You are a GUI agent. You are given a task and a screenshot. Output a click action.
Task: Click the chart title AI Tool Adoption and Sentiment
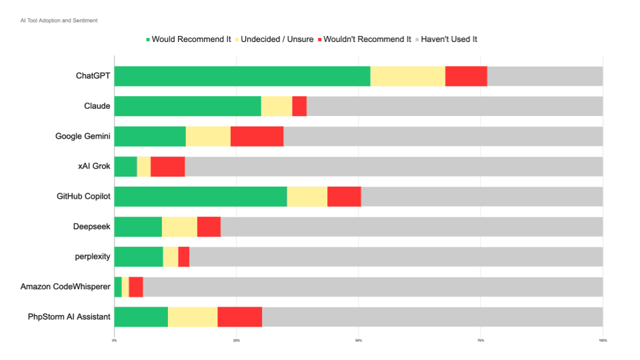[59, 21]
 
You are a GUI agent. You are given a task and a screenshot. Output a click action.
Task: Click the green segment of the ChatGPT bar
[242, 76]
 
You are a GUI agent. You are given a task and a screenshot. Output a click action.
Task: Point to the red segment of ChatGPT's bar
[466, 76]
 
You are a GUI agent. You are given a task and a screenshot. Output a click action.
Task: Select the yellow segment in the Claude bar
[276, 106]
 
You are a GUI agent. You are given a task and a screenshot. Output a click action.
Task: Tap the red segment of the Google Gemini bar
[257, 136]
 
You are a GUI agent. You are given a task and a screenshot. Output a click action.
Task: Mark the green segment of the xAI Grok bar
[125, 167]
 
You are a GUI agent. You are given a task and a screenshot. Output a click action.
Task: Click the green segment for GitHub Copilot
[201, 197]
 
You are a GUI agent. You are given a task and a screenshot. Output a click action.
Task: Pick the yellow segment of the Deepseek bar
[179, 227]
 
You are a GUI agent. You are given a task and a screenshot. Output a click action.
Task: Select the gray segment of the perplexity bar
[396, 257]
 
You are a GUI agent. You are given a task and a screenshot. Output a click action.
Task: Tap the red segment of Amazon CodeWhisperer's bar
[135, 287]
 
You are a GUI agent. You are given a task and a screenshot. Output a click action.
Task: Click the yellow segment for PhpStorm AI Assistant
[193, 317]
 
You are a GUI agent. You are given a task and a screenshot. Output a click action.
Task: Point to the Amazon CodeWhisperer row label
[65, 287]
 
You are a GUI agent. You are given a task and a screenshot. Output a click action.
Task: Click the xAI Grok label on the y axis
[94, 167]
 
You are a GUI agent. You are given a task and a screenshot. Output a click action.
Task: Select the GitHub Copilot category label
[83, 197]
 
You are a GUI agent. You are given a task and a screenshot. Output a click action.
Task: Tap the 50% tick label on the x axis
[359, 340]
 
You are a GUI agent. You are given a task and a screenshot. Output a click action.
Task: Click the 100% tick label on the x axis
[602, 340]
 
